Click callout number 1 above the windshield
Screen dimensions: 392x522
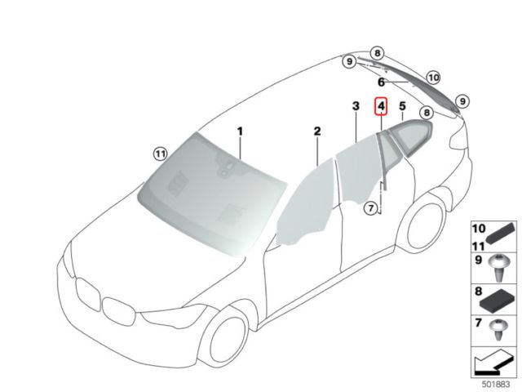coord(241,131)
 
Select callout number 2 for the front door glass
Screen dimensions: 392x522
coord(317,131)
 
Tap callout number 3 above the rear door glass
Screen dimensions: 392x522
coord(356,107)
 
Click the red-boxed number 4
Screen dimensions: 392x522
coord(381,106)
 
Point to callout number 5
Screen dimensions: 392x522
coord(402,106)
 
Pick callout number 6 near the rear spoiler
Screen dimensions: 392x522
coord(381,82)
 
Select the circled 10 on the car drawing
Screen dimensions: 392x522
coord(432,78)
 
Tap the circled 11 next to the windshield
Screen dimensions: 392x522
coord(160,152)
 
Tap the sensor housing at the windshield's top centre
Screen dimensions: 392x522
coord(227,170)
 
